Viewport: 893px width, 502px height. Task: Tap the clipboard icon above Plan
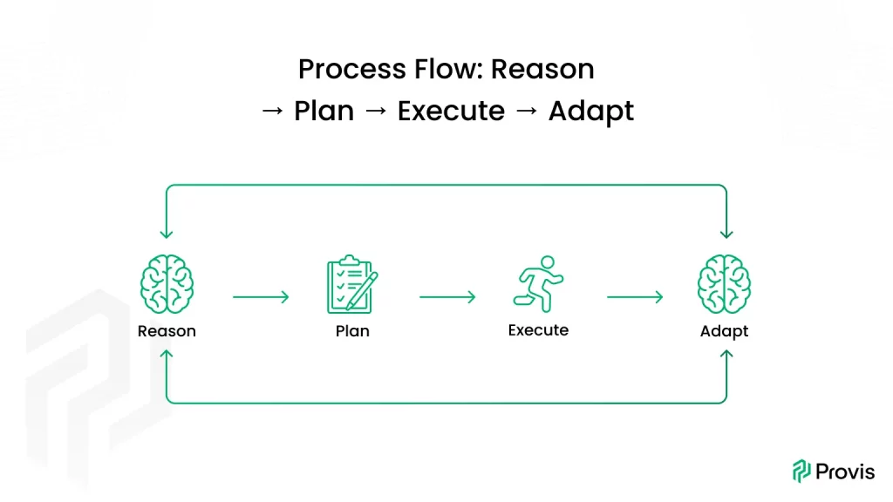pyautogui.click(x=351, y=285)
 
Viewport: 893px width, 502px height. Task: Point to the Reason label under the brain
pyautogui.click(x=167, y=331)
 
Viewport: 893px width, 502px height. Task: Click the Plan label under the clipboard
pyautogui.click(x=352, y=331)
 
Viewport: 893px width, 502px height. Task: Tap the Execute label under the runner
pyautogui.click(x=538, y=330)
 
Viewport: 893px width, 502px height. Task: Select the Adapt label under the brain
pyautogui.click(x=724, y=331)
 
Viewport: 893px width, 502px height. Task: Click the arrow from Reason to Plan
pyautogui.click(x=260, y=297)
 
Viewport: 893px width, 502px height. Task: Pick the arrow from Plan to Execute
pyautogui.click(x=446, y=297)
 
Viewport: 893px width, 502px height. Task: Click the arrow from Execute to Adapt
pyautogui.click(x=634, y=297)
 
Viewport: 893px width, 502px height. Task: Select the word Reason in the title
pyautogui.click(x=543, y=69)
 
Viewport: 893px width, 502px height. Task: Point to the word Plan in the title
pyautogui.click(x=324, y=112)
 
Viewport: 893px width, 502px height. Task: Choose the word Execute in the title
pyautogui.click(x=451, y=112)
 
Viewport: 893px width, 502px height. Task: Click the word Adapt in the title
pyautogui.click(x=590, y=112)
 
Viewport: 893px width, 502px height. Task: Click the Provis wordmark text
pyautogui.click(x=845, y=471)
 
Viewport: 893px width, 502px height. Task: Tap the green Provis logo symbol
pyautogui.click(x=801, y=471)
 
